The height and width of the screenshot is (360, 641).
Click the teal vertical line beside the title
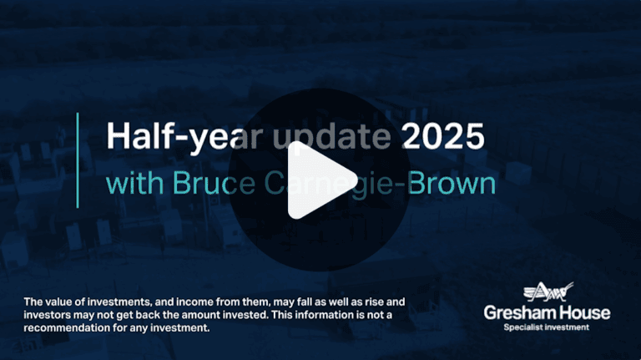tap(78, 160)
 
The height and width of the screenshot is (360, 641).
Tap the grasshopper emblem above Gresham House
tap(548, 292)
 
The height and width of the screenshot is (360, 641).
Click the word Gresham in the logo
tap(521, 313)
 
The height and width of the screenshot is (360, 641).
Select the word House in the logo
tap(585, 313)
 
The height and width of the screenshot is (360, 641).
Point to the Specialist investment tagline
tap(548, 327)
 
